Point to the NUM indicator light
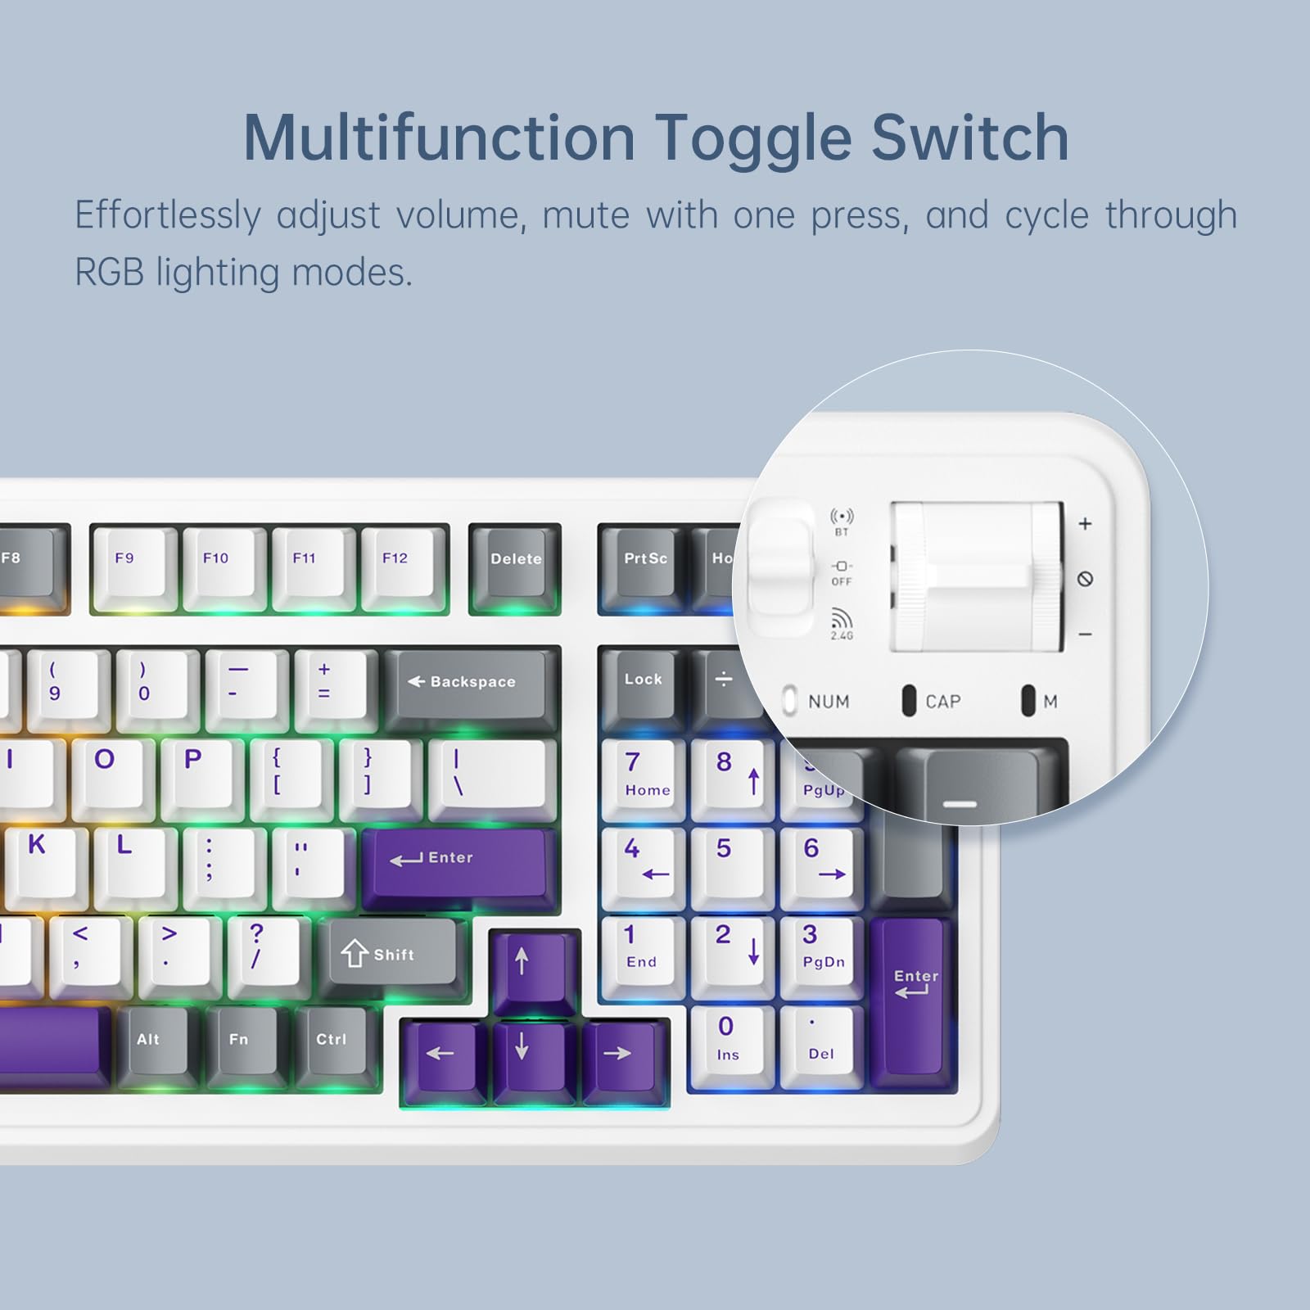[789, 701]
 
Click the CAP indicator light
[908, 701]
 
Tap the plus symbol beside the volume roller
[1085, 524]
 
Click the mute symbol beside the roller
[1085, 580]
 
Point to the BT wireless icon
[842, 517]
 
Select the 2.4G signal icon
[842, 620]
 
